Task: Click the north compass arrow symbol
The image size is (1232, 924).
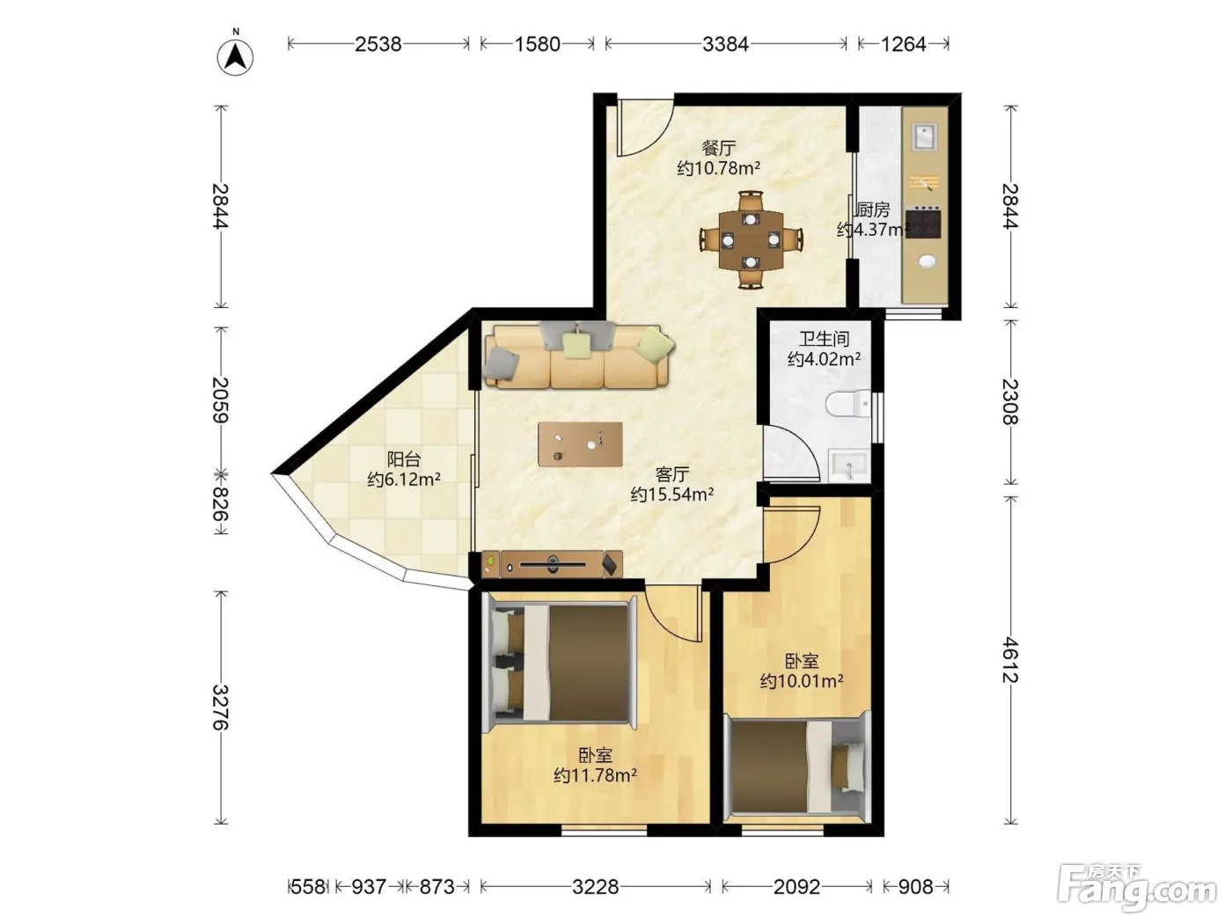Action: click(x=235, y=57)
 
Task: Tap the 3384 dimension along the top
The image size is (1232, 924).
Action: click(x=725, y=44)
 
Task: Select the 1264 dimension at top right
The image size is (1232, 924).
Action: click(x=903, y=44)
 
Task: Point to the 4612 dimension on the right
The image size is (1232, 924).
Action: click(x=1010, y=659)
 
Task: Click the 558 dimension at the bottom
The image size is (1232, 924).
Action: click(x=308, y=886)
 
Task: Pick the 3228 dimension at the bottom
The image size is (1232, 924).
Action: click(x=596, y=886)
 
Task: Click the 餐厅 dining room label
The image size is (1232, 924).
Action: click(x=718, y=148)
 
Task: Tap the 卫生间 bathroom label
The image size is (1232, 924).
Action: click(x=824, y=338)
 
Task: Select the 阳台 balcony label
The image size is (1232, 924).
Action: click(x=404, y=459)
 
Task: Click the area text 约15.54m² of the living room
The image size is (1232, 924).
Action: click(x=671, y=495)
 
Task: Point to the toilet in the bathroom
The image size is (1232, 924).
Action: click(x=848, y=404)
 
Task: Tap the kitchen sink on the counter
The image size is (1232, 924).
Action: click(x=924, y=136)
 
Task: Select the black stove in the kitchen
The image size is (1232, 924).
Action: click(x=923, y=222)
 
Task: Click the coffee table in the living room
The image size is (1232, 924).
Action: click(x=580, y=444)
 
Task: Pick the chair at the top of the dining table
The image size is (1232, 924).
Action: click(x=751, y=202)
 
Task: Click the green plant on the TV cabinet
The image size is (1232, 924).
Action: click(x=491, y=561)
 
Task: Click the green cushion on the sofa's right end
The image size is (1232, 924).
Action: click(x=655, y=342)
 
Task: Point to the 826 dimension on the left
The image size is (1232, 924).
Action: click(x=221, y=503)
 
